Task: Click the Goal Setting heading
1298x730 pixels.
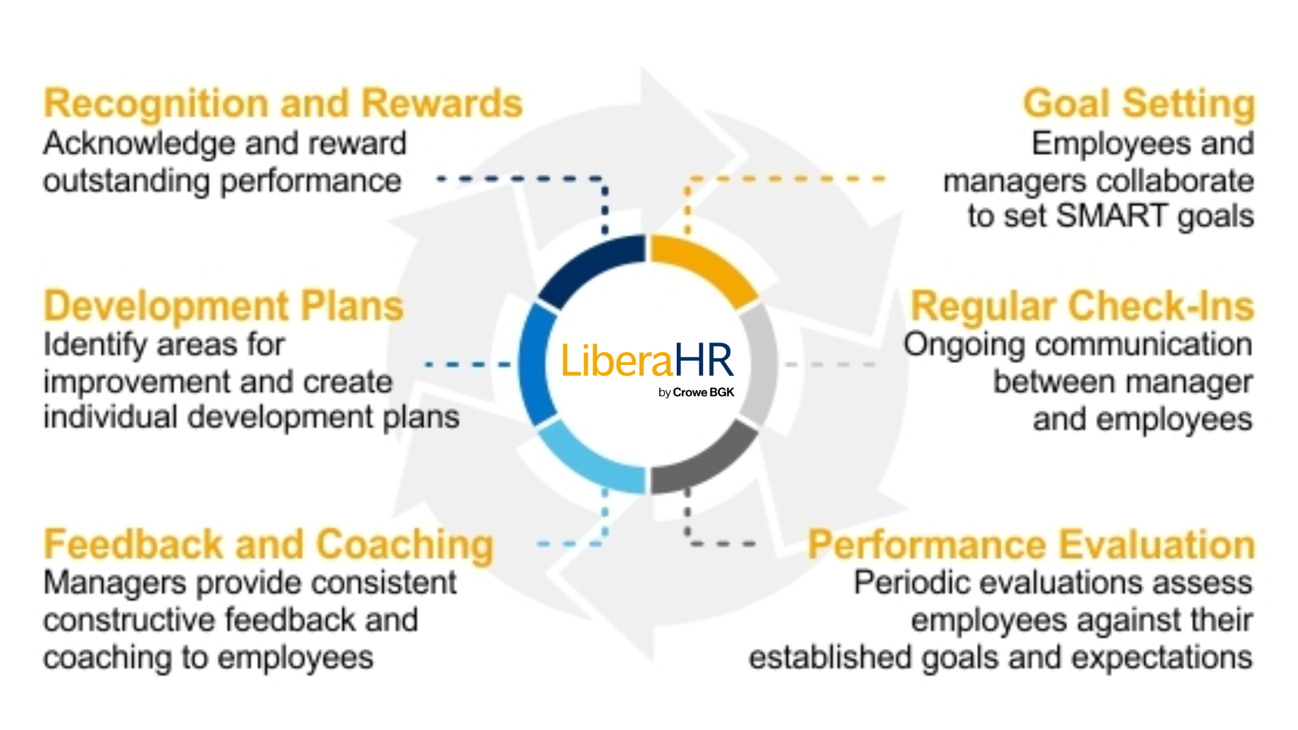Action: (1138, 105)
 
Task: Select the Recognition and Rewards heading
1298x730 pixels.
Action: (283, 104)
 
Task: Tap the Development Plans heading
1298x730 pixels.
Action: (224, 306)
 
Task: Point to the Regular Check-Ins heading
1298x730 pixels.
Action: (1082, 306)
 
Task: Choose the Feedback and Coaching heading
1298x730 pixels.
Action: (269, 545)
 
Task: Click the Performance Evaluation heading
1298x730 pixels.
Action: (1031, 545)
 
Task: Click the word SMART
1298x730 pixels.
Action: (1112, 216)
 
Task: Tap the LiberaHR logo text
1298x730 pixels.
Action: (648, 360)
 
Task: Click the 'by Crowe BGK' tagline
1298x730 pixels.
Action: (696, 393)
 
